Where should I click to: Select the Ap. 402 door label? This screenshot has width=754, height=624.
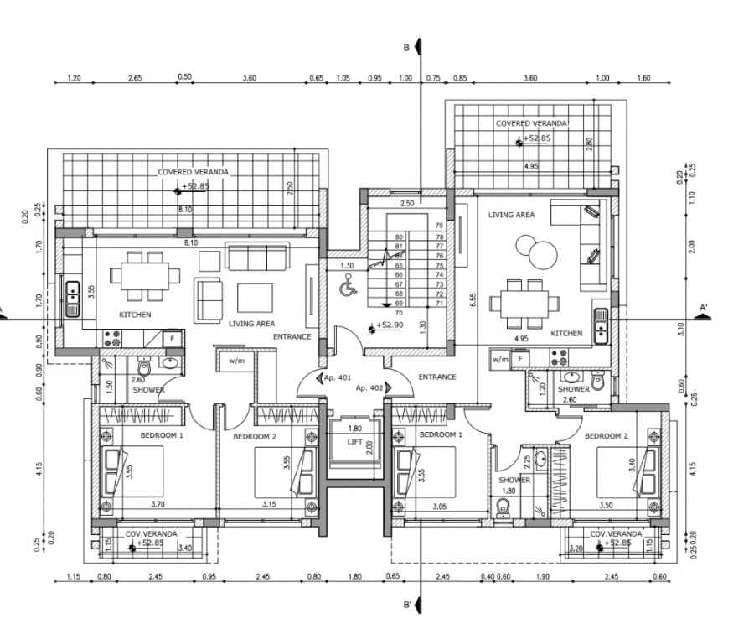pyautogui.click(x=369, y=388)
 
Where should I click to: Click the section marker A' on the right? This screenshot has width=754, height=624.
pyautogui.click(x=704, y=308)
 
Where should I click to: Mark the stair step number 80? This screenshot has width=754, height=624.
pyautogui.click(x=399, y=237)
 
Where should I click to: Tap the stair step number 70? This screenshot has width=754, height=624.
pyautogui.click(x=399, y=312)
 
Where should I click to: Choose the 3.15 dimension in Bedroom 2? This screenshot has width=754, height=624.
pyautogui.click(x=268, y=505)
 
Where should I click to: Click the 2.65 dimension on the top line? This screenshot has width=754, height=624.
pyautogui.click(x=135, y=77)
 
